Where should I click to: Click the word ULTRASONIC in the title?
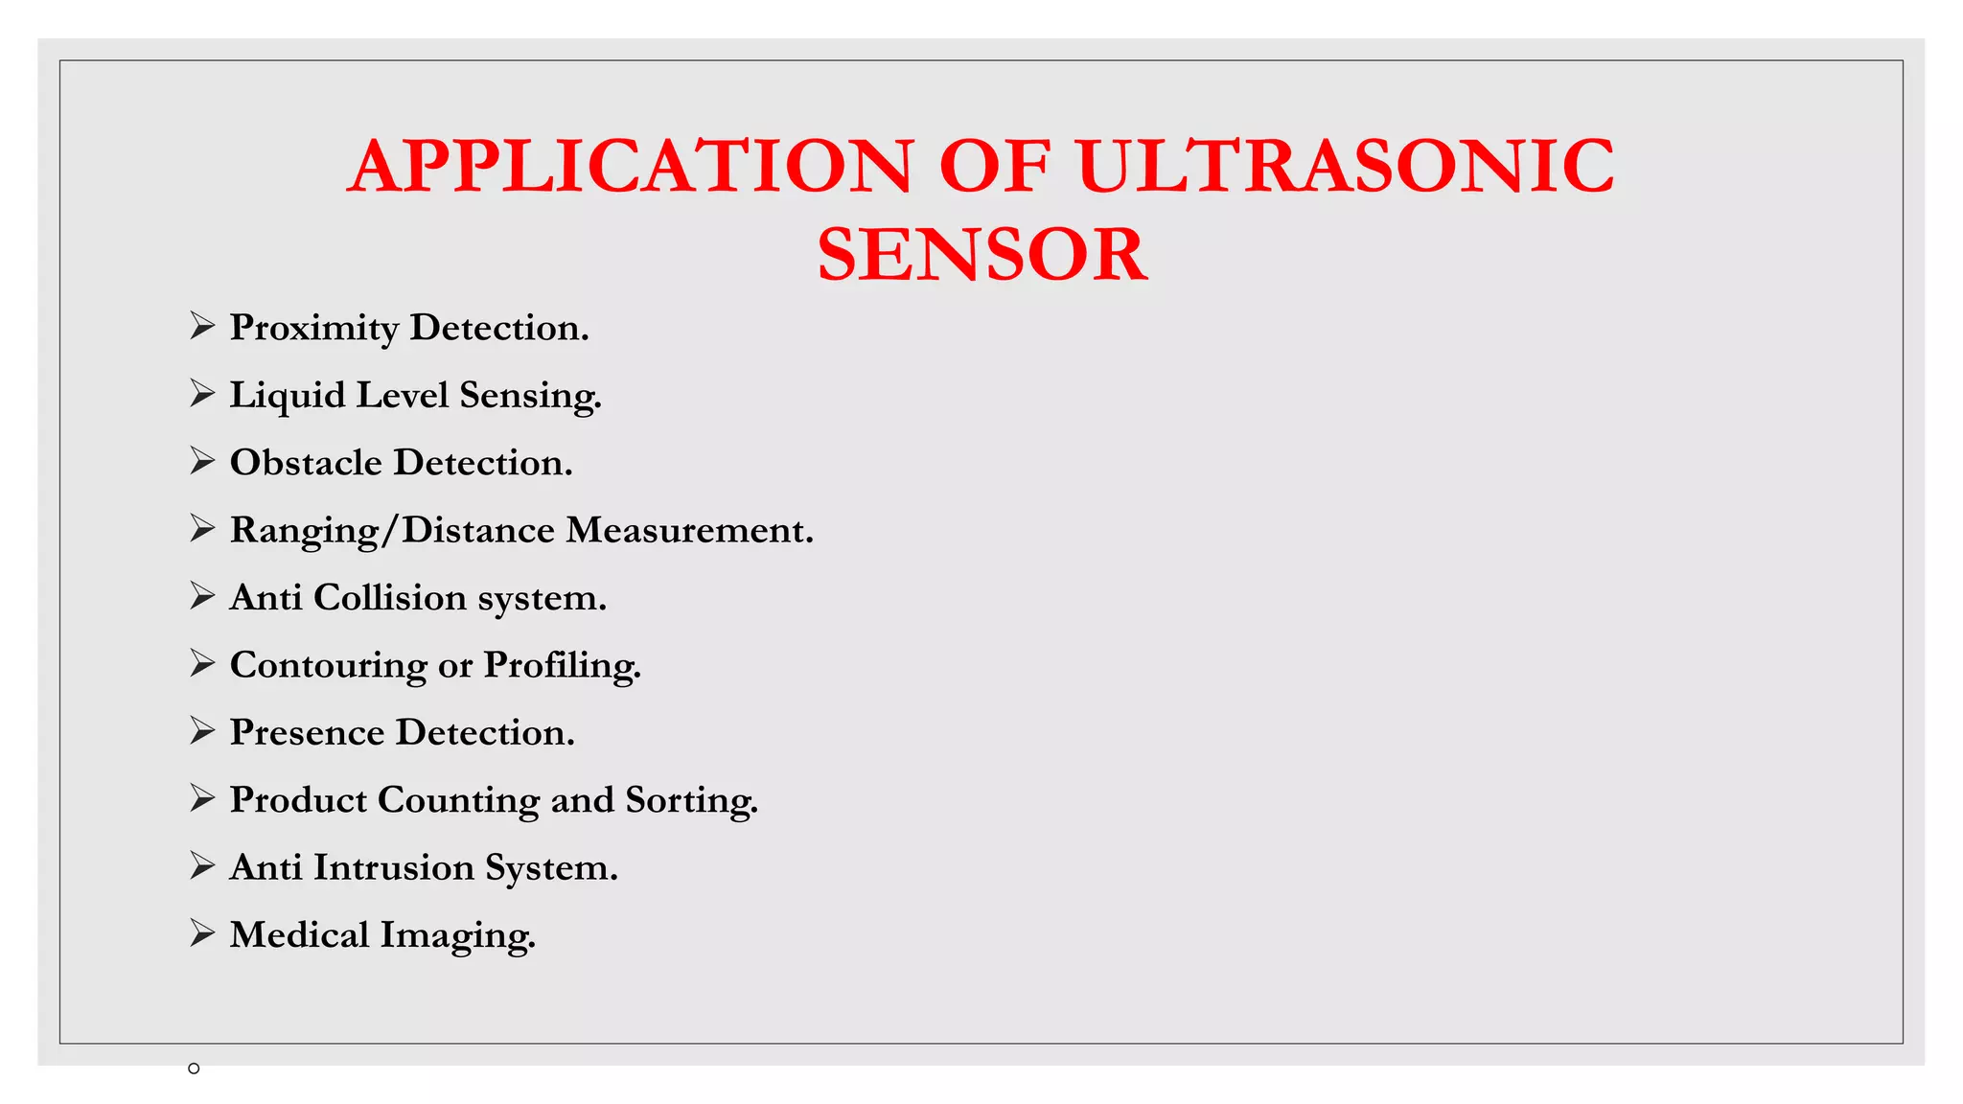pos(1345,166)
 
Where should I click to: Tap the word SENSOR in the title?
pos(981,254)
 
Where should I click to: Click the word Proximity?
pos(314,329)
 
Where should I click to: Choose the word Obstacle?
pos(306,463)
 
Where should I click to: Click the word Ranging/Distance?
pos(392,531)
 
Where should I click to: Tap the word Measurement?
pos(689,530)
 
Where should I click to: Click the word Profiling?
pos(562,666)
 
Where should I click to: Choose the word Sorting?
pos(691,801)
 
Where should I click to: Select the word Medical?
pos(299,935)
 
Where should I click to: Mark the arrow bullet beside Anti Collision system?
pos(201,596)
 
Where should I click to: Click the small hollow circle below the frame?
pos(194,1069)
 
